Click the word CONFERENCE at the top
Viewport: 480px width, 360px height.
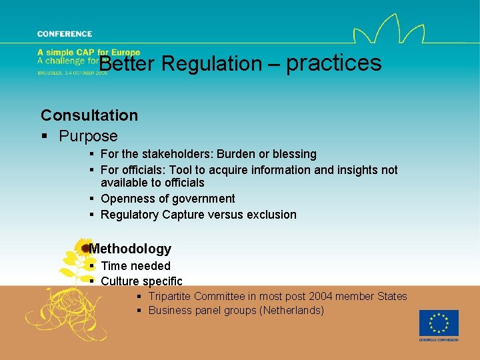(65, 34)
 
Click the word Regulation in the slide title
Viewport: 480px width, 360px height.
(212, 64)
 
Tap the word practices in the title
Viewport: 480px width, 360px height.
(334, 63)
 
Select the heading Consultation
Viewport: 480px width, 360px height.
(89, 115)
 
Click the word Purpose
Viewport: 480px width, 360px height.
(88, 136)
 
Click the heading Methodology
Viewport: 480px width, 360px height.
(130, 249)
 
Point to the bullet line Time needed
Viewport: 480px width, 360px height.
(135, 266)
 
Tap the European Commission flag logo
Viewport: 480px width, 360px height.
(438, 323)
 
